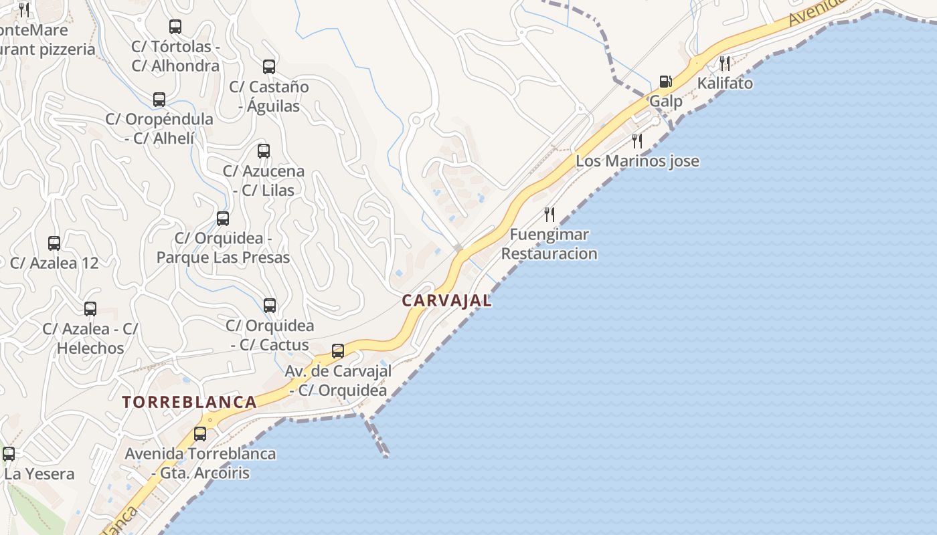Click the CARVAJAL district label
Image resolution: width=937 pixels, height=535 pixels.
pyautogui.click(x=446, y=301)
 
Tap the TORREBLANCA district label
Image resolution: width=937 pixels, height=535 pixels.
pyautogui.click(x=189, y=402)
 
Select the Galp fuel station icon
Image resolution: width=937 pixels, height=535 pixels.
pyautogui.click(x=665, y=82)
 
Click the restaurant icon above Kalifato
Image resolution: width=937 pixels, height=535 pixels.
pyautogui.click(x=725, y=64)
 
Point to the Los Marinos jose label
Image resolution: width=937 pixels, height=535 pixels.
pyautogui.click(x=637, y=161)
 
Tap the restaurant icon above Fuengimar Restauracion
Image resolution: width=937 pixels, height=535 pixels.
pyautogui.click(x=549, y=215)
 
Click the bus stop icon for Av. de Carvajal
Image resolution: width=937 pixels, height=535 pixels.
pyautogui.click(x=338, y=350)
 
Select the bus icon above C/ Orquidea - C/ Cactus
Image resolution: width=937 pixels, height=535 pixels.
pyautogui.click(x=270, y=306)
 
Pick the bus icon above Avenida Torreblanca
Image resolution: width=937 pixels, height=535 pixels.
pyautogui.click(x=200, y=433)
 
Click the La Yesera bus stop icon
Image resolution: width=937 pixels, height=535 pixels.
pyautogui.click(x=9, y=454)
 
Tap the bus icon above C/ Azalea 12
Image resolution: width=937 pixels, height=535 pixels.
pyautogui.click(x=54, y=243)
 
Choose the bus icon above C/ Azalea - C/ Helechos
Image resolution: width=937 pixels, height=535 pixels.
pyautogui.click(x=90, y=309)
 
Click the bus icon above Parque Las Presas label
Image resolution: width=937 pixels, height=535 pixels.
pyautogui.click(x=223, y=218)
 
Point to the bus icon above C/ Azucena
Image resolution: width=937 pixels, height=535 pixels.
pyautogui.click(x=264, y=151)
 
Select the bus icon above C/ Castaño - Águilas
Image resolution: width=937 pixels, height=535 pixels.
pyautogui.click(x=269, y=67)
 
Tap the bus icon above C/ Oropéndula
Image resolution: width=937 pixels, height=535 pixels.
pyautogui.click(x=159, y=100)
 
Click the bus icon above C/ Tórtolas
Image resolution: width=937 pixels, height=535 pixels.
pyautogui.click(x=175, y=27)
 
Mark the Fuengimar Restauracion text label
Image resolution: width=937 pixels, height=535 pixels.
pyautogui.click(x=549, y=244)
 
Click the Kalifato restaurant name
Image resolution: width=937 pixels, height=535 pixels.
pyautogui.click(x=725, y=84)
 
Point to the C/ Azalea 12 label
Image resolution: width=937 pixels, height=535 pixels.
pyautogui.click(x=54, y=263)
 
